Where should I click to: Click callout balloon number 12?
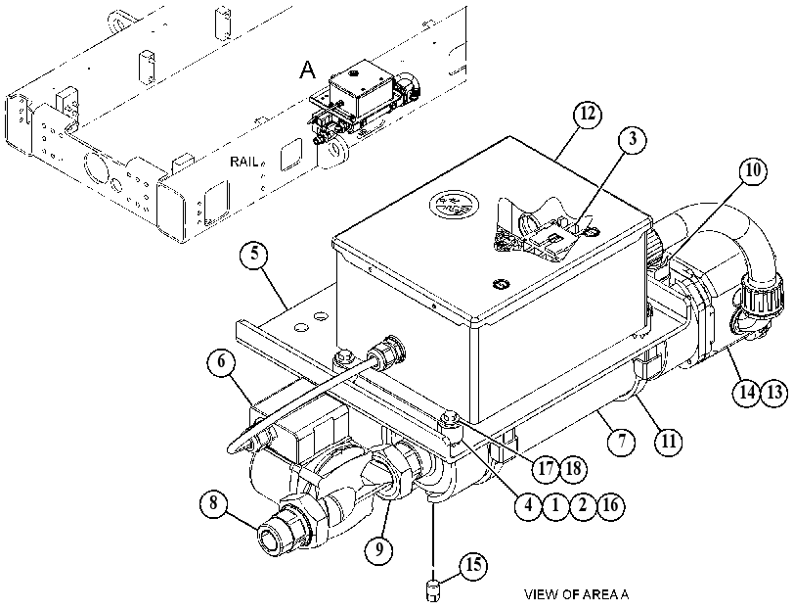tap(587, 115)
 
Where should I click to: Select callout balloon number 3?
tap(633, 139)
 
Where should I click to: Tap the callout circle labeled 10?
tap(753, 170)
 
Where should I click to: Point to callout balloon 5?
tap(254, 254)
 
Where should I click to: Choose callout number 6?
tap(221, 362)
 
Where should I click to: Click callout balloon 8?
tap(213, 503)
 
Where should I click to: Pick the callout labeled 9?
tap(378, 548)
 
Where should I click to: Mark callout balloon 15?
tap(473, 565)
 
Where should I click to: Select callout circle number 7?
tap(621, 442)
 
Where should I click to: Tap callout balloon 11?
tap(669, 442)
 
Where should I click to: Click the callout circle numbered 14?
tap(747, 392)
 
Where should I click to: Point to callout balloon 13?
tap(774, 392)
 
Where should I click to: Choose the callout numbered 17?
tap(546, 469)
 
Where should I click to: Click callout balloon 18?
tap(573, 469)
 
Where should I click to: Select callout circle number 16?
tap(610, 505)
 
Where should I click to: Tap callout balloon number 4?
tap(528, 505)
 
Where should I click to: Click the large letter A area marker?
tap(307, 70)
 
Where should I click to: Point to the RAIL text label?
tap(244, 162)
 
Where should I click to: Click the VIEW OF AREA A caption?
tap(577, 594)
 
